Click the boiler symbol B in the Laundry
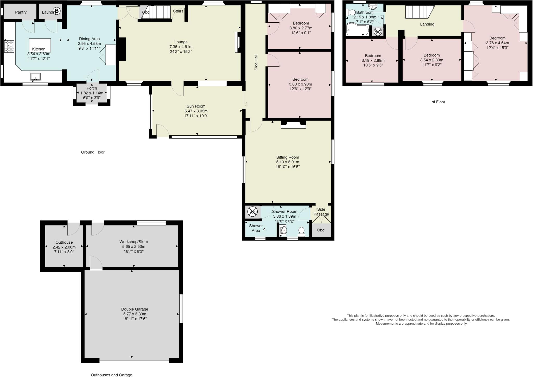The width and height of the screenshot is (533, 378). (56, 11)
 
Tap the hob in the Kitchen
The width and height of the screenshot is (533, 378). (9, 46)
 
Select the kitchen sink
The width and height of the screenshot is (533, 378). (35, 77)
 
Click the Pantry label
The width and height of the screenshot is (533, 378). (21, 12)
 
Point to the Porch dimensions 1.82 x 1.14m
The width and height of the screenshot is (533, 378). (92, 93)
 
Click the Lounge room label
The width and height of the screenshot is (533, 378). (181, 42)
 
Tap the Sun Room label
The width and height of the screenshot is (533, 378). (196, 106)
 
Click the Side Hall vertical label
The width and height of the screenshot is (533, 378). (256, 62)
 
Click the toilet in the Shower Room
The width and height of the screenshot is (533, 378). (301, 231)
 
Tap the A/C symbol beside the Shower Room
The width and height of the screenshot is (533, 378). (252, 212)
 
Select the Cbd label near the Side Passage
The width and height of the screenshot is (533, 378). (321, 230)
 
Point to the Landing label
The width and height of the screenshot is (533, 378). (427, 24)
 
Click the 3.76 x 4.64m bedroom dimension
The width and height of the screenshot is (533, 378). (497, 43)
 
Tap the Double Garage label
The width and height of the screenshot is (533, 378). (135, 309)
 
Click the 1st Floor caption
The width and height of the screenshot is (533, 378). (437, 102)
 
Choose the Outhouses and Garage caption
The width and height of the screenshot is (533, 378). (111, 375)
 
